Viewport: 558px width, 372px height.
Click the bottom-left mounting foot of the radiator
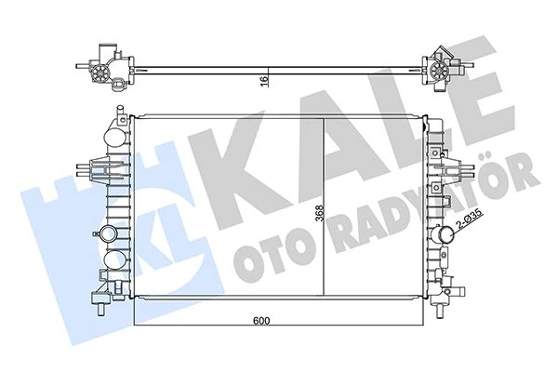point(99,299)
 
